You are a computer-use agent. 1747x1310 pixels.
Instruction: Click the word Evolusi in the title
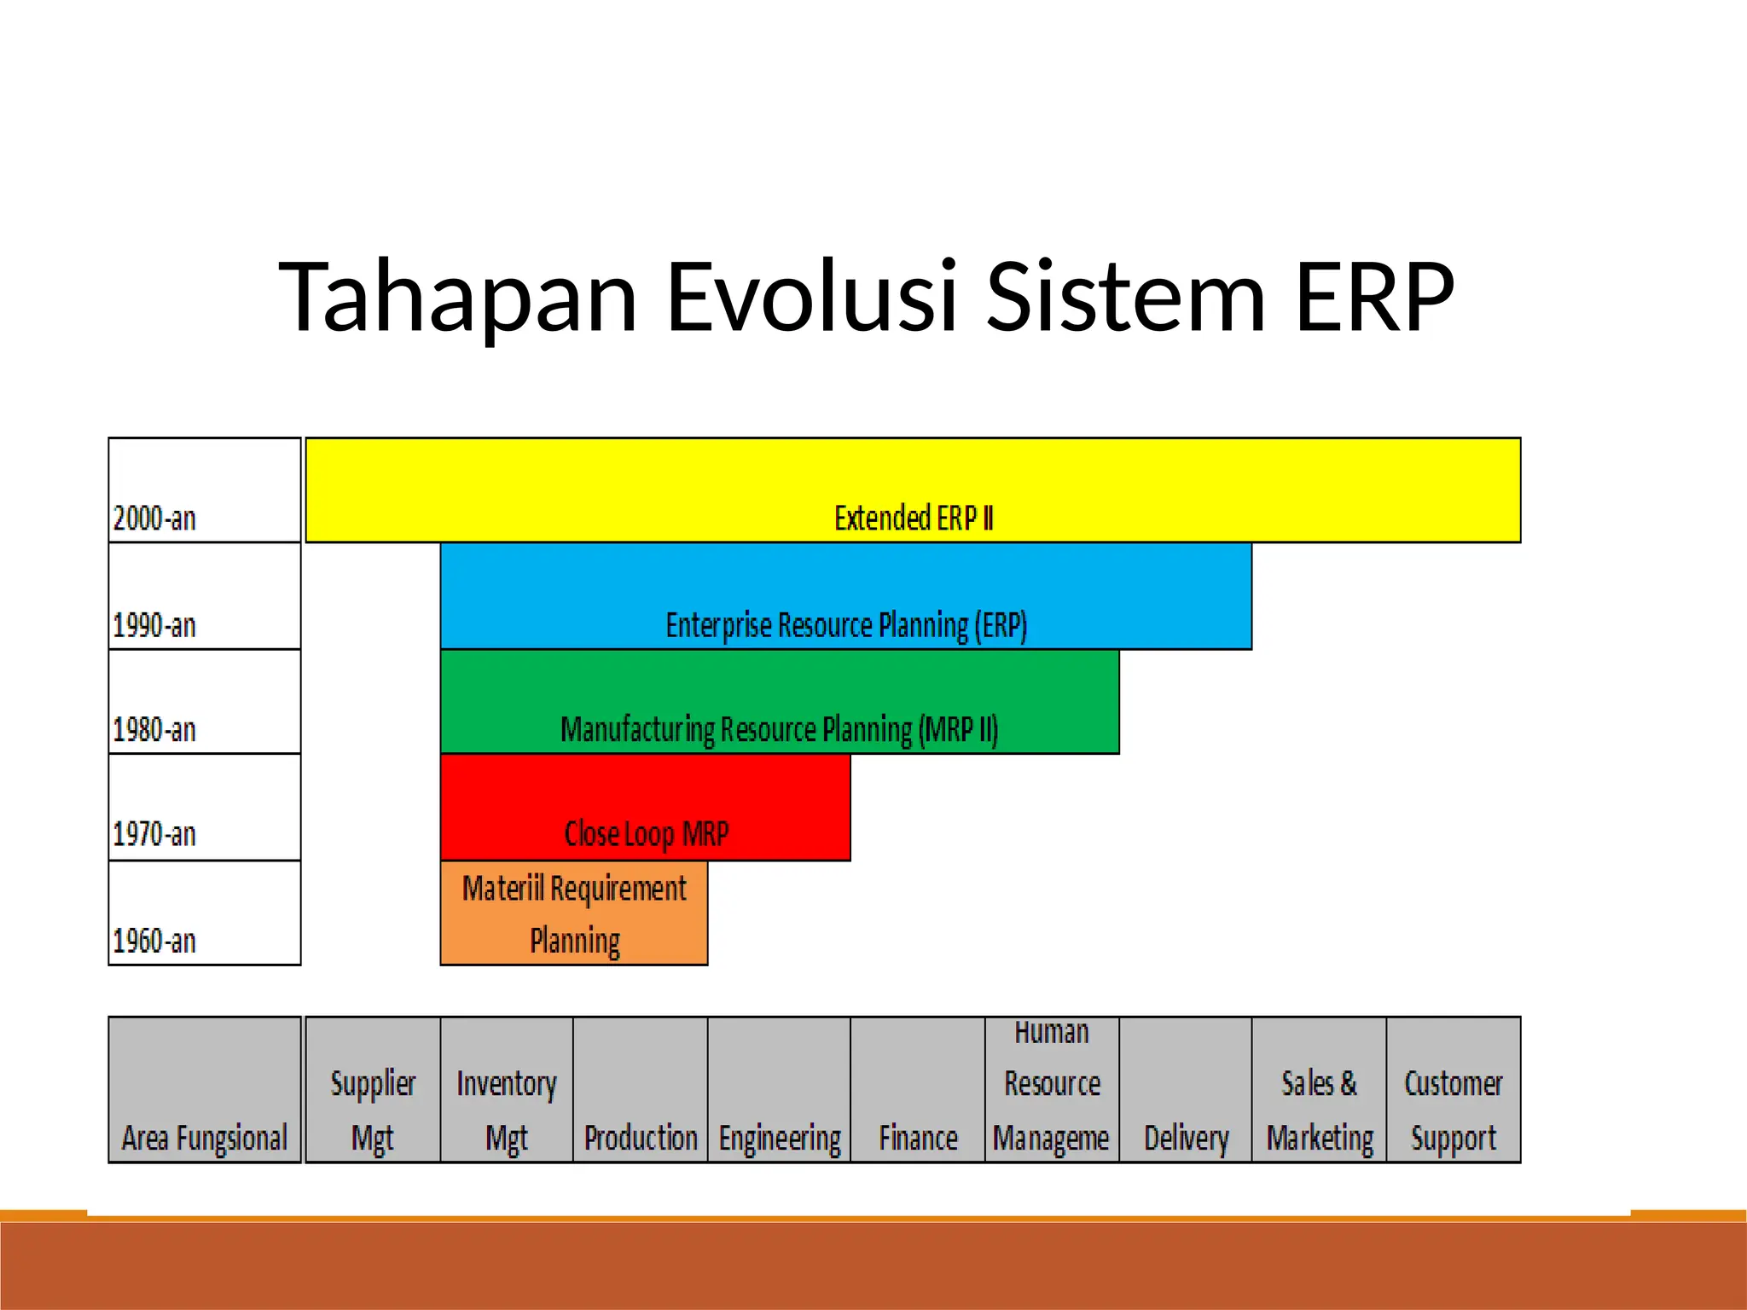coord(810,297)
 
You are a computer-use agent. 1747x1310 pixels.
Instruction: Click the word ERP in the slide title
coord(1373,297)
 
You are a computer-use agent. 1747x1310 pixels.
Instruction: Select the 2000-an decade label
coord(154,518)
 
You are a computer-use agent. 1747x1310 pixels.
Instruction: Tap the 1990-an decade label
coord(154,625)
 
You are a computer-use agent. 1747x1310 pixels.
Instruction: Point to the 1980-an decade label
coord(154,729)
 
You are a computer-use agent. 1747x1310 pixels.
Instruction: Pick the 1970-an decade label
coord(154,833)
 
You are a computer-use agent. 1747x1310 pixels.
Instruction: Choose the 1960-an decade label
coord(154,941)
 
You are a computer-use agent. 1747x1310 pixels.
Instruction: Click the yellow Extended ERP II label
coord(913,518)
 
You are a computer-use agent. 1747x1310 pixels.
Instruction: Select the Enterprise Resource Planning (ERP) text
coord(845,625)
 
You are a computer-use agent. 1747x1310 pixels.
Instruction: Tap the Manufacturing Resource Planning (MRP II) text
coord(779,729)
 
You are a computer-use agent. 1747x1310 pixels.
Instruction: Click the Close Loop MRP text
coord(646,833)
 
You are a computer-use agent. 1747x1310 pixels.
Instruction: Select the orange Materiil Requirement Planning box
coord(574,913)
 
